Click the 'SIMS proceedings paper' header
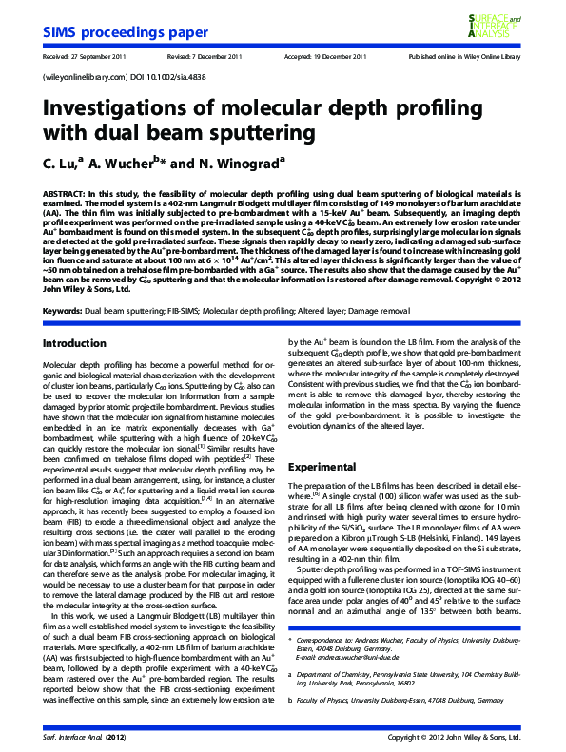(x=126, y=33)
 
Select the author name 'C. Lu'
(x=63, y=163)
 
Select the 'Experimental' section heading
(x=323, y=468)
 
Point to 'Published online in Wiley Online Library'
(x=464, y=57)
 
